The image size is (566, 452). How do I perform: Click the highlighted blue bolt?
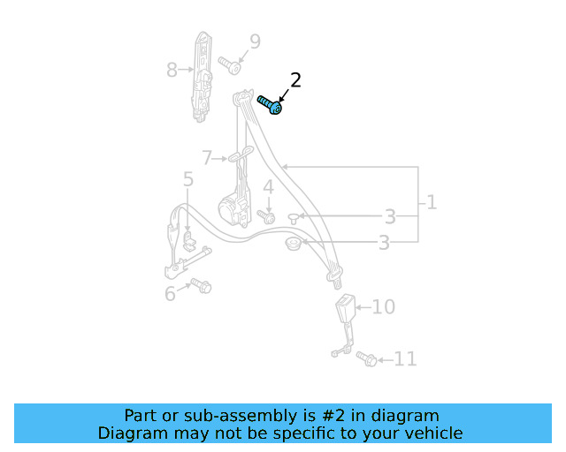tap(270, 105)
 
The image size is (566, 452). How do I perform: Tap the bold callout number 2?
tap(295, 80)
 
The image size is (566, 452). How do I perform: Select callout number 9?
tap(255, 41)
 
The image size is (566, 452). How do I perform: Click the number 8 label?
tap(172, 68)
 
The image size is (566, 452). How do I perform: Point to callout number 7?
tap(207, 158)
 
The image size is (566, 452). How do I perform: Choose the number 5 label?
tap(188, 180)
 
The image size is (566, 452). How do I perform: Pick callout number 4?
tap(267, 187)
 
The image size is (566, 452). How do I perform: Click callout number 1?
tap(431, 202)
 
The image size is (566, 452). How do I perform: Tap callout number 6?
tap(170, 293)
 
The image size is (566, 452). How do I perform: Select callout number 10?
tap(383, 307)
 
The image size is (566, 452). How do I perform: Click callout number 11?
tap(405, 358)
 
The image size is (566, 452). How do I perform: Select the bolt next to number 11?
tap(366, 358)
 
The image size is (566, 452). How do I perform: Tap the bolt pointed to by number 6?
tap(203, 286)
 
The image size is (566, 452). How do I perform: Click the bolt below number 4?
tap(264, 215)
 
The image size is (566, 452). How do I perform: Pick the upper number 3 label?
tap(389, 217)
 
